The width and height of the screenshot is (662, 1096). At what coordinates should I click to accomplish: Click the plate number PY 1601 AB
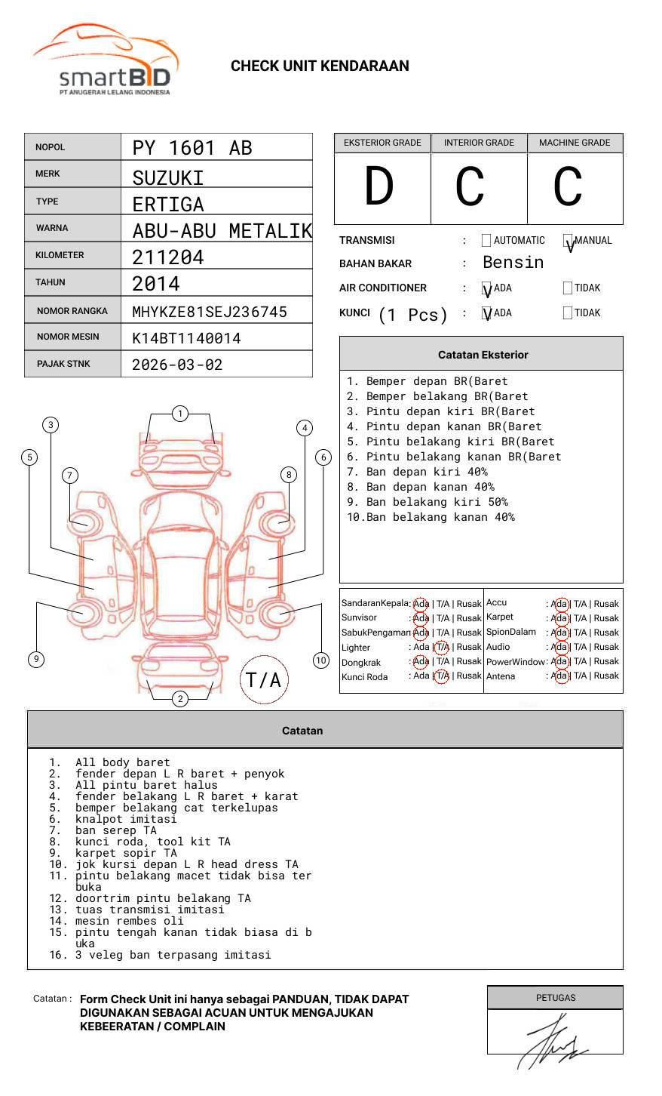pyautogui.click(x=192, y=148)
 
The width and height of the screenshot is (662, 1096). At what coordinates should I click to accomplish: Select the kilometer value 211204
pyautogui.click(x=168, y=257)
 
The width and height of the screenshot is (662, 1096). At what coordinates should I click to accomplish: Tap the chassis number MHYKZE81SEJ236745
pyautogui.click(x=210, y=312)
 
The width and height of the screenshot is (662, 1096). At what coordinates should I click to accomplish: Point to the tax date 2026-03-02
pyautogui.click(x=177, y=365)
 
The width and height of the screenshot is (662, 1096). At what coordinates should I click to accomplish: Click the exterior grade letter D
pyautogui.click(x=379, y=186)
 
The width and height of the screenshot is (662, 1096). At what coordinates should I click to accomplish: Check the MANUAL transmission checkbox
pyautogui.click(x=568, y=241)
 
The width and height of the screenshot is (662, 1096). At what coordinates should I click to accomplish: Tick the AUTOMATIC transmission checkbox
pyautogui.click(x=486, y=241)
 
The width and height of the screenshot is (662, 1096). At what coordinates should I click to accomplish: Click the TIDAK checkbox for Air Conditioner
pyautogui.click(x=568, y=288)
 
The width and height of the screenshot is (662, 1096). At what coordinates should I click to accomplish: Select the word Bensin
pyautogui.click(x=513, y=263)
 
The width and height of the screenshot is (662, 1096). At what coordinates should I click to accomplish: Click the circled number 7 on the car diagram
pyautogui.click(x=69, y=475)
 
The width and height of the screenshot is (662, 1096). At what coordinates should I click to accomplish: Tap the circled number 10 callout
pyautogui.click(x=321, y=660)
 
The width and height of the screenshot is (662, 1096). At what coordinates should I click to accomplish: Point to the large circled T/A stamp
pyautogui.click(x=264, y=679)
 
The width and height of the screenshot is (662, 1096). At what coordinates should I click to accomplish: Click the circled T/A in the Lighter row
pyautogui.click(x=442, y=647)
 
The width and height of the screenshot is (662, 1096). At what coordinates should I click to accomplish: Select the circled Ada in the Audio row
pyautogui.click(x=559, y=647)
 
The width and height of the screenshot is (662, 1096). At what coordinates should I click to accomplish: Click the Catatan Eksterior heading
pyautogui.click(x=483, y=355)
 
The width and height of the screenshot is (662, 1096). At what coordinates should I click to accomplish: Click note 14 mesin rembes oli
pyautogui.click(x=129, y=921)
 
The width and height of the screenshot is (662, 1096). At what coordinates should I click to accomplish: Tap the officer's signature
pyautogui.click(x=553, y=1042)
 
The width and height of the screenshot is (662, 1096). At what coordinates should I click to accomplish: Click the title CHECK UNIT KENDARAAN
pyautogui.click(x=320, y=66)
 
